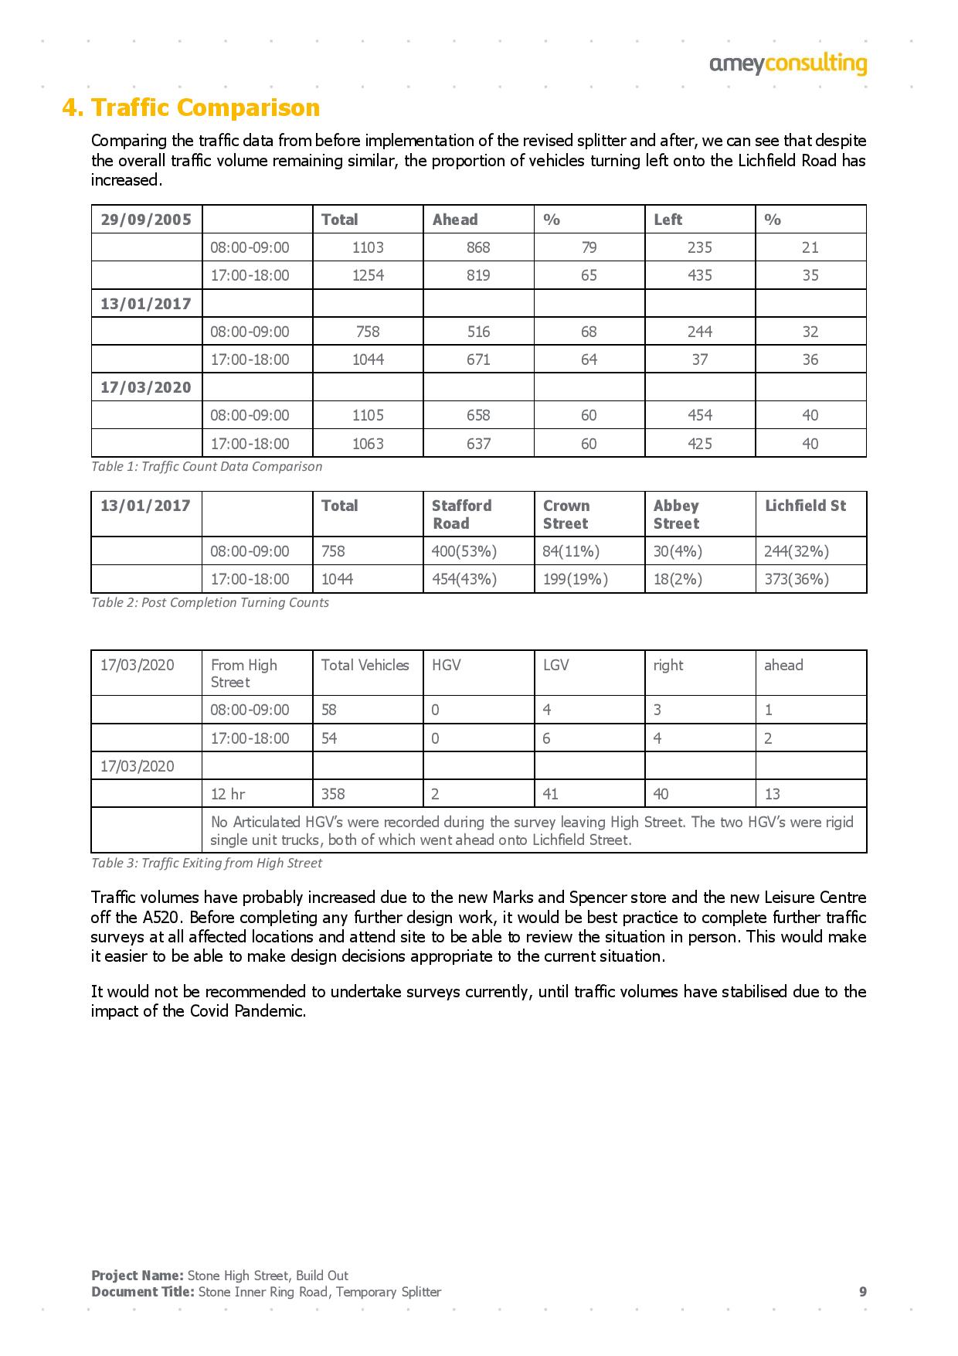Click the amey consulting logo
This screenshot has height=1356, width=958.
point(787,64)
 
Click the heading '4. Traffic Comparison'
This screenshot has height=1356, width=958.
point(191,107)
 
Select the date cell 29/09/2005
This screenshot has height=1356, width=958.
point(146,220)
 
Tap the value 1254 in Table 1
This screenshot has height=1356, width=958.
point(368,275)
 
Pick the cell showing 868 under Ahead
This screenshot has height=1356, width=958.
point(478,247)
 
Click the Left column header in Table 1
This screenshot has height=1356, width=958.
point(668,220)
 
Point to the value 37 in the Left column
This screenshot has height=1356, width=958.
point(699,359)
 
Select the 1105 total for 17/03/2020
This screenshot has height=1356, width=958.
point(368,415)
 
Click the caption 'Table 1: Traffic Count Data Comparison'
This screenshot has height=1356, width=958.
point(206,466)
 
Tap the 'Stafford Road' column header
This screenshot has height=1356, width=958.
point(461,514)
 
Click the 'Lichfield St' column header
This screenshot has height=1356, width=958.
point(805,506)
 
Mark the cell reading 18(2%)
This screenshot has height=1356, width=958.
point(678,579)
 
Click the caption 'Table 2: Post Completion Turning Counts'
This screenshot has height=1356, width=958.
point(210,602)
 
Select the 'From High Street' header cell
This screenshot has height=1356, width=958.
point(244,673)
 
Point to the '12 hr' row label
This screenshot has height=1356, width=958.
point(228,794)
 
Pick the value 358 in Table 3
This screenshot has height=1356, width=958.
point(333,794)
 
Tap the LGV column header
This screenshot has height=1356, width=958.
point(556,665)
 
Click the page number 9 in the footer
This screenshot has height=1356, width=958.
point(863,1292)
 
